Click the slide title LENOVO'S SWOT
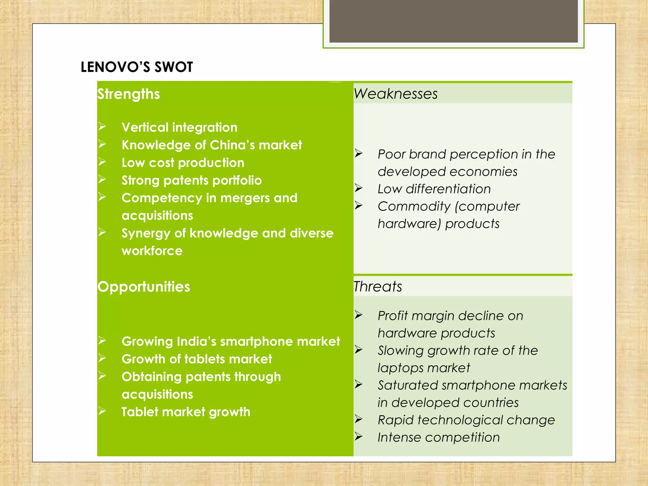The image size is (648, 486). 137,67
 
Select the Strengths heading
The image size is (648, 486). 128,94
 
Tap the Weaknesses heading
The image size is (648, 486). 396,94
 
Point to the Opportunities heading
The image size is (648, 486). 144,287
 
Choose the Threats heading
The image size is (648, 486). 377,286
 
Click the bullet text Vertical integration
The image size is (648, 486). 179,127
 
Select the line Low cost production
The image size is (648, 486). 183,163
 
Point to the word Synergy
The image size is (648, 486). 146,234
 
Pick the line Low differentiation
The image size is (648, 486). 434,189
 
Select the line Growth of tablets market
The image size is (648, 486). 197,359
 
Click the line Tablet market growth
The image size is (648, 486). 186,412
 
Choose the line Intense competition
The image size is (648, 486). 439,437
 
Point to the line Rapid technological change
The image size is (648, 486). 466,420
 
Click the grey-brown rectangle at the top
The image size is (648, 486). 453,21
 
